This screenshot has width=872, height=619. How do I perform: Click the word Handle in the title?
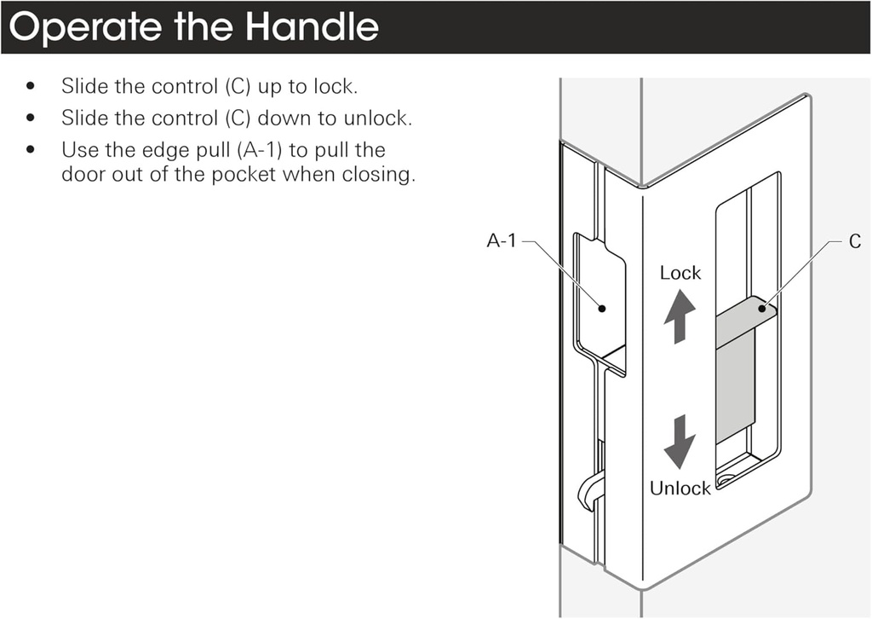[x=311, y=27]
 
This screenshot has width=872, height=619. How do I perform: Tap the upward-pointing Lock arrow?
[x=680, y=316]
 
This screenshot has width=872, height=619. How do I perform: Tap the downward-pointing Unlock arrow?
[x=680, y=441]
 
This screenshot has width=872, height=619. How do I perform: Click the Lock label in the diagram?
[x=680, y=273]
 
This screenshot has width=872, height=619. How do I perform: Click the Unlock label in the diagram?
[x=680, y=489]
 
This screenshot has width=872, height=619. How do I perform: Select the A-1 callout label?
[x=502, y=241]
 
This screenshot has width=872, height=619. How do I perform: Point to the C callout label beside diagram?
[x=854, y=241]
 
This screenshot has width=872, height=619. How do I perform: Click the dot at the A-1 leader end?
[x=602, y=307]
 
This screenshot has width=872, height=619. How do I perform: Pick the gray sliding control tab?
[x=736, y=367]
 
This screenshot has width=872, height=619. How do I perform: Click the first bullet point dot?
[x=32, y=86]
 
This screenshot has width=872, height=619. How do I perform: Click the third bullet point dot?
[x=32, y=150]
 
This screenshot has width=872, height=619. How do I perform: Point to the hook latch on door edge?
[x=591, y=491]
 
